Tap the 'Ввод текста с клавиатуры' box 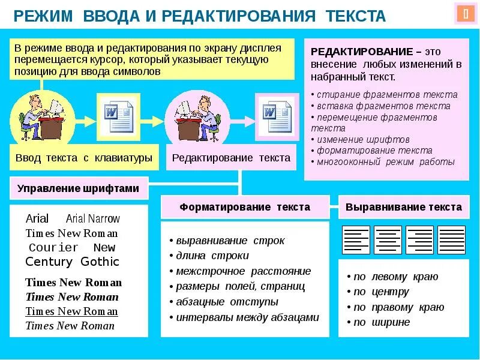[x=83, y=158]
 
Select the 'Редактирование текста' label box [x=231, y=158]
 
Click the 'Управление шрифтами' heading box [x=79, y=188]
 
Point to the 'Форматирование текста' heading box [x=245, y=207]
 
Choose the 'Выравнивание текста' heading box [x=404, y=207]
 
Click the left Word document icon [x=119, y=114]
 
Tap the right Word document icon [x=277, y=114]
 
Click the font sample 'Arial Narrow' [x=93, y=219]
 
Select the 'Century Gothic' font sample [x=73, y=262]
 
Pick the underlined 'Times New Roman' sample [x=71, y=311]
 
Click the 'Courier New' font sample [x=72, y=247]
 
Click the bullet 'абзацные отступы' [x=226, y=302]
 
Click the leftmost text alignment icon [x=356, y=240]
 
